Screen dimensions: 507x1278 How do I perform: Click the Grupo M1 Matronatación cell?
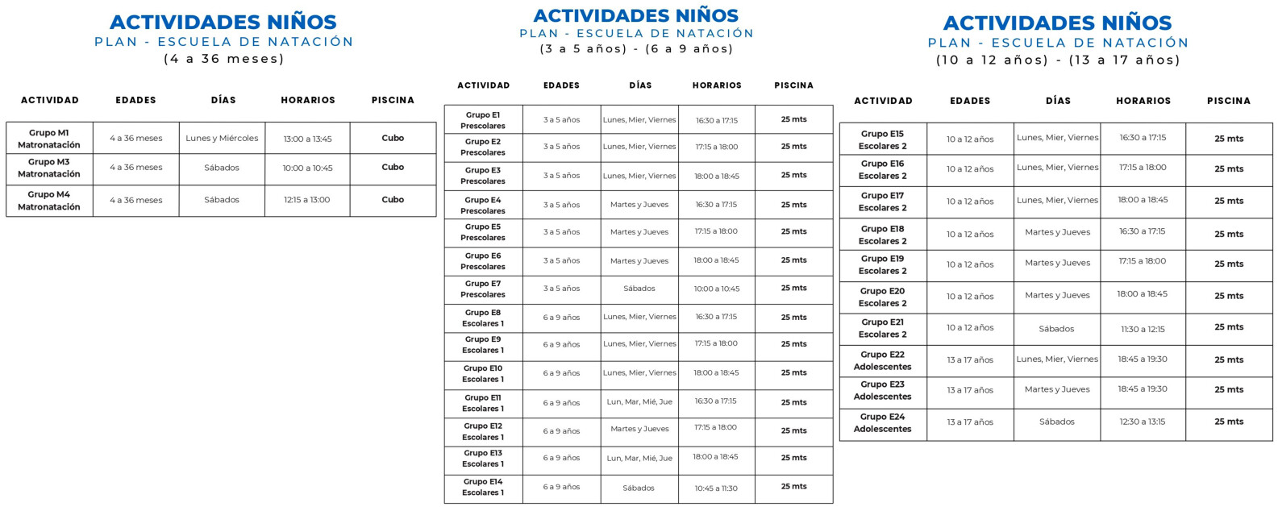(x=49, y=139)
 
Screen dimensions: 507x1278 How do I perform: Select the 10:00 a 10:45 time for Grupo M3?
(x=307, y=168)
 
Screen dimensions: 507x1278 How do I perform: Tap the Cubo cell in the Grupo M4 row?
(x=393, y=200)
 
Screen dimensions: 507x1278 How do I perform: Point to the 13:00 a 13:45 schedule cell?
(x=307, y=139)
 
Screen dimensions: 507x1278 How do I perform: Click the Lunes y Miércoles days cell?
(x=222, y=139)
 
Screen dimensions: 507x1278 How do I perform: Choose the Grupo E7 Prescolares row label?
(x=483, y=289)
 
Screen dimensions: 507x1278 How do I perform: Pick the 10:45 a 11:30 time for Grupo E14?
(x=716, y=488)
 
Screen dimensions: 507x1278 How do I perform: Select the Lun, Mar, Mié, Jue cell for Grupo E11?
(x=639, y=401)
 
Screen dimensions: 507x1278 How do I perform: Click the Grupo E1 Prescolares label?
(x=483, y=120)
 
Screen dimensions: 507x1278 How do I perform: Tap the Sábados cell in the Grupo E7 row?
(x=639, y=289)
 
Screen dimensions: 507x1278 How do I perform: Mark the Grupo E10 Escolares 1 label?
(x=483, y=373)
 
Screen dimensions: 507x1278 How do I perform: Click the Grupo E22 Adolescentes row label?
(x=882, y=360)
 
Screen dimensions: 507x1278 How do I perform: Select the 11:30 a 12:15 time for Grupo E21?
(x=1143, y=329)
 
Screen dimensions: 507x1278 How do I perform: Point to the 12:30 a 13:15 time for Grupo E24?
(x=1143, y=422)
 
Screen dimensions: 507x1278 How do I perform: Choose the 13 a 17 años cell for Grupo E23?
(x=970, y=390)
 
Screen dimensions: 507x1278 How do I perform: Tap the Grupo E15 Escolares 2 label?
(x=882, y=139)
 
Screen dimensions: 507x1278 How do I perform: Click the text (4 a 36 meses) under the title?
(x=224, y=59)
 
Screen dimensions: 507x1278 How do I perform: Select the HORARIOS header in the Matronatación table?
(x=308, y=100)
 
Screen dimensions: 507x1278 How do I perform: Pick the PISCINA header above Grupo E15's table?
(x=1229, y=101)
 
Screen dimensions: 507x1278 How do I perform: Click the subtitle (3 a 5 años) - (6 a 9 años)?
(x=637, y=49)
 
